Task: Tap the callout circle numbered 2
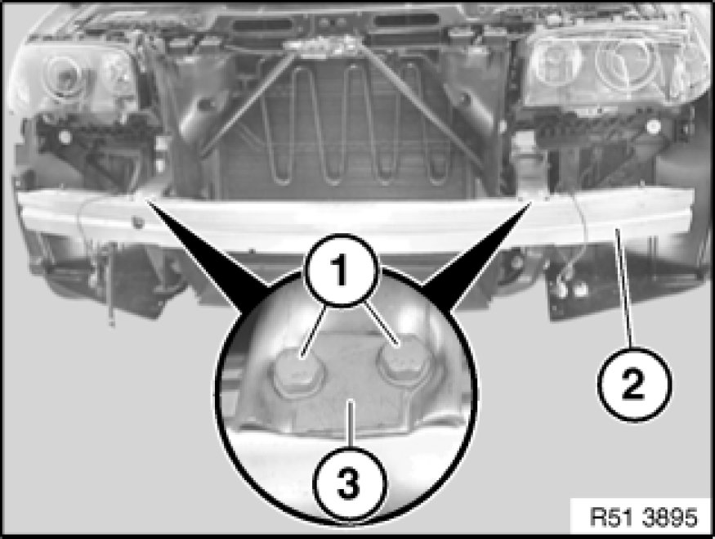[x=634, y=384]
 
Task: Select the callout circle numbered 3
[x=349, y=483]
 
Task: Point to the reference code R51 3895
[x=643, y=517]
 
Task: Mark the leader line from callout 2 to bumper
[x=623, y=289]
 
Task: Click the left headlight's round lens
[x=65, y=75]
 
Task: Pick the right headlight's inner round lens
[x=557, y=61]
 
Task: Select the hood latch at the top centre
[x=324, y=45]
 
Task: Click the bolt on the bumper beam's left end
[x=136, y=222]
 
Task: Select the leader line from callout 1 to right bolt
[x=383, y=325]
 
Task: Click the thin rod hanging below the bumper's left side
[x=112, y=284]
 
